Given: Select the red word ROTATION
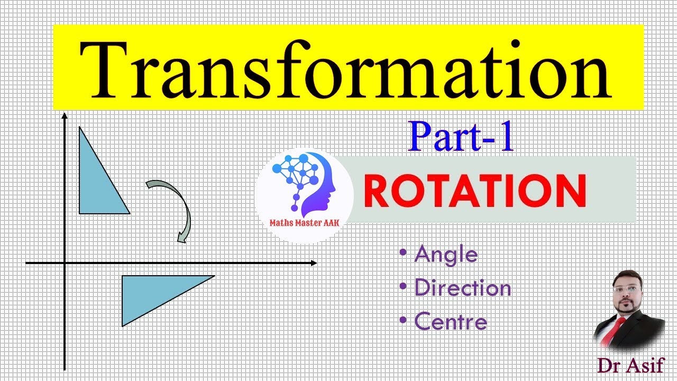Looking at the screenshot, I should coord(475,190).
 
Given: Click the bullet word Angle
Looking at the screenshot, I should coord(446,255).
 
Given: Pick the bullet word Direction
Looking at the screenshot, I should coord(463,288).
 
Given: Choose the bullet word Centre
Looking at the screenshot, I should coord(451,322).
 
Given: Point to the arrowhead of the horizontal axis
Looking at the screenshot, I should coord(314,262).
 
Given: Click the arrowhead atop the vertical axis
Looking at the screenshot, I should coord(65,115).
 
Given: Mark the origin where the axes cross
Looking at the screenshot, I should coord(65,262).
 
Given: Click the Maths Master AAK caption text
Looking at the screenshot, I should coord(305,224).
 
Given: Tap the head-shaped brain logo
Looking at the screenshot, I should coord(304,183).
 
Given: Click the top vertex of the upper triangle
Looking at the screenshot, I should coord(79,128).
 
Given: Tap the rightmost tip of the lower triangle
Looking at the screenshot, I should coord(214,276).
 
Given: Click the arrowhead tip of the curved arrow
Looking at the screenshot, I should coord(181,242).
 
